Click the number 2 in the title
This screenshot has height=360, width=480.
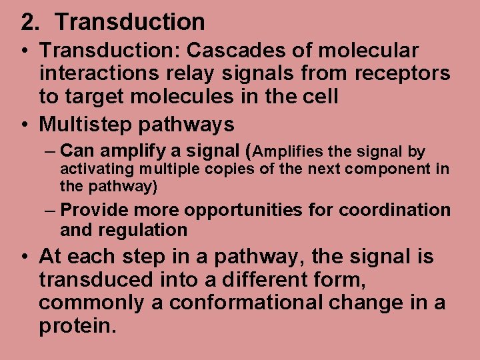coord(27,23)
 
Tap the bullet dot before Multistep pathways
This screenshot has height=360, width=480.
coord(25,125)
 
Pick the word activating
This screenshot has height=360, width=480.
coord(92,169)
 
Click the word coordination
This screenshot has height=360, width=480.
coord(395,211)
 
